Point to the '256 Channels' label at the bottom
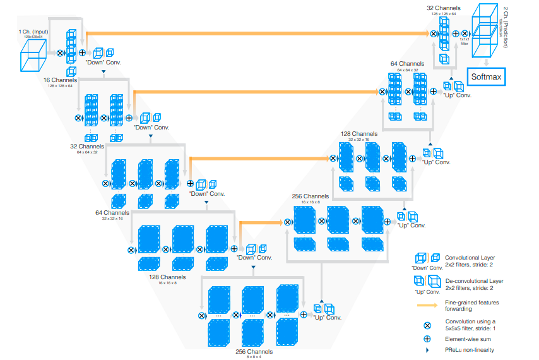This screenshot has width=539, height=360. point(254,351)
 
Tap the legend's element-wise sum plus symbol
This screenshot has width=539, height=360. point(427,339)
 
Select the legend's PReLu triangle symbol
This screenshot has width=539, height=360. point(427,349)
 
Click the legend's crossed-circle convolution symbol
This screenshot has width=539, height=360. point(427,326)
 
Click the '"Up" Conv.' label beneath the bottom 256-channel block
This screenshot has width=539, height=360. point(327,317)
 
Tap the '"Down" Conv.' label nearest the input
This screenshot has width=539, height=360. point(104,63)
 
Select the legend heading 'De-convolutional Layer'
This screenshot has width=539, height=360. point(474,280)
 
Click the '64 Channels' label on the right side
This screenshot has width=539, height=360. point(407,64)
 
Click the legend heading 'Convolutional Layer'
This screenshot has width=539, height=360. point(470,258)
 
